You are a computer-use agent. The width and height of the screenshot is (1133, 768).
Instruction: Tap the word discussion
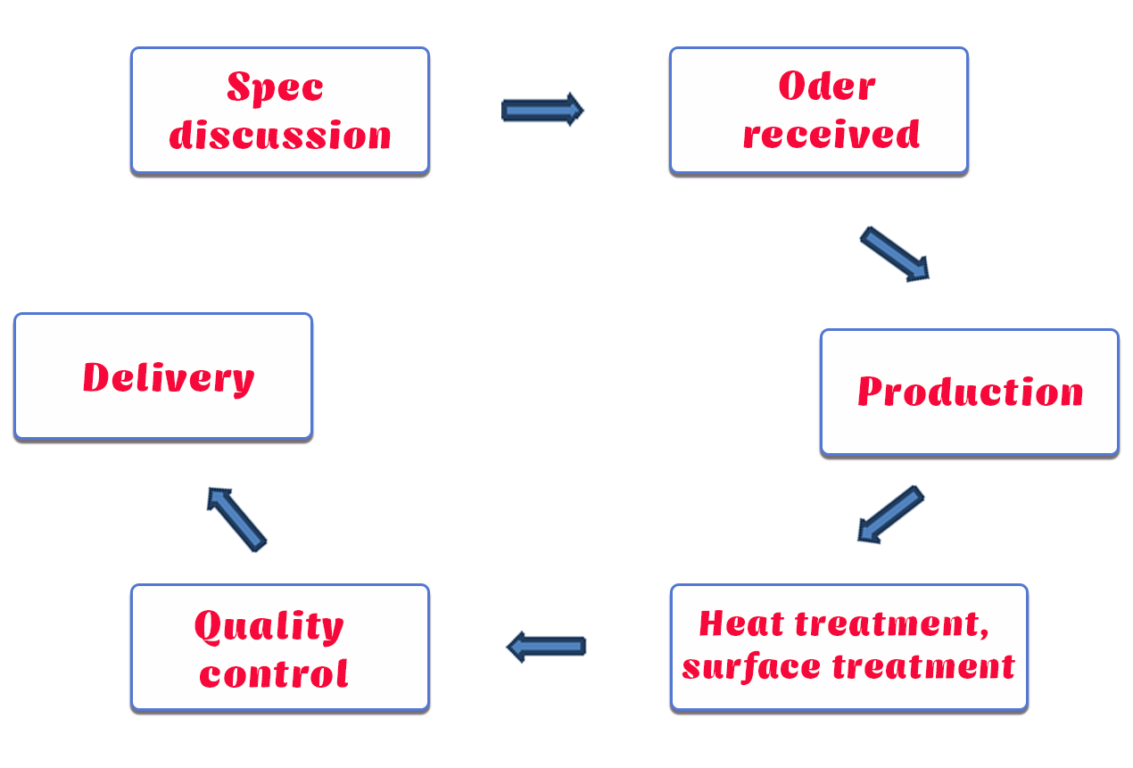click(280, 136)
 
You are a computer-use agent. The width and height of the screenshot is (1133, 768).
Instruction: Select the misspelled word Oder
click(826, 87)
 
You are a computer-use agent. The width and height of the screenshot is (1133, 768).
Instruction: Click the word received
click(831, 134)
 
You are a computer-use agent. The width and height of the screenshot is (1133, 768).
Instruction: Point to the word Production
click(970, 392)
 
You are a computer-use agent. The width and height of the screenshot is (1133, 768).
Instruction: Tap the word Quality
click(269, 627)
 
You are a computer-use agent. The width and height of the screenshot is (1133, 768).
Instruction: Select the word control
click(274, 673)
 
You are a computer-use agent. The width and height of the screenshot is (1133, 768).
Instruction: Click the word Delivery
click(169, 377)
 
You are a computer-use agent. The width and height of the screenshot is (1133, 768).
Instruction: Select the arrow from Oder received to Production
click(895, 254)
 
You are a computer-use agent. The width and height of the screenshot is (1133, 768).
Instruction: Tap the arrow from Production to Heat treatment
click(889, 515)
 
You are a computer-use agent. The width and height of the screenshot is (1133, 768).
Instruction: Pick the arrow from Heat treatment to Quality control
click(546, 646)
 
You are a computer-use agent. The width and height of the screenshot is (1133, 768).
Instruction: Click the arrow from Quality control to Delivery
click(236, 518)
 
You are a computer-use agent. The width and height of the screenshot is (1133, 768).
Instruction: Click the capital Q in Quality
click(209, 627)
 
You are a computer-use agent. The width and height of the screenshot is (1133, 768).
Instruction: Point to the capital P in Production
click(871, 392)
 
